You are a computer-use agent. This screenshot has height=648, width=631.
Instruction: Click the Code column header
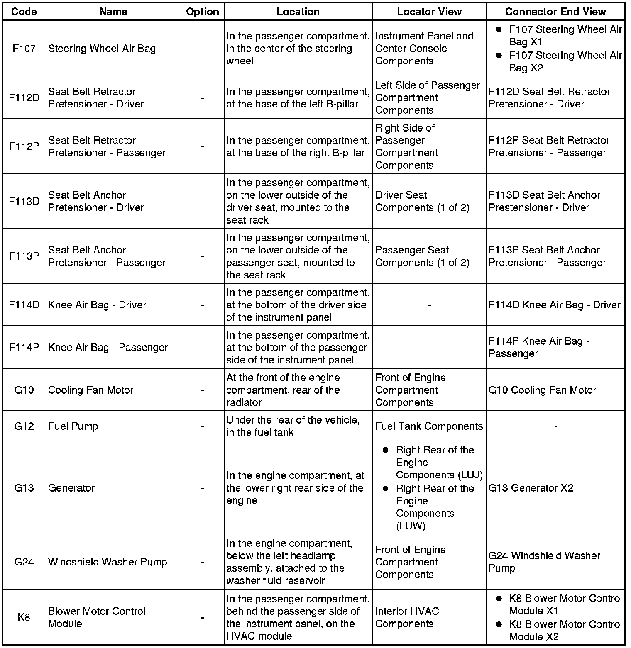point(24,12)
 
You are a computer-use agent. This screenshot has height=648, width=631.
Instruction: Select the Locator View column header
point(429,12)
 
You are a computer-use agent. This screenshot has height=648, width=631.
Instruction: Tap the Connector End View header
point(555,12)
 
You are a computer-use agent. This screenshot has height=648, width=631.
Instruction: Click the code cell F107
point(24,49)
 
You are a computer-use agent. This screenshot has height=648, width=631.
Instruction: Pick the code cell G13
point(24,488)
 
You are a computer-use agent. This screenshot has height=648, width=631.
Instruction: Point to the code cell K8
point(24,617)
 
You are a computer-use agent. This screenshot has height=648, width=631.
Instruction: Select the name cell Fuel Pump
point(73,426)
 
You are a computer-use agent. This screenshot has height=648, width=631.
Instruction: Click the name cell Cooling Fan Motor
point(90,390)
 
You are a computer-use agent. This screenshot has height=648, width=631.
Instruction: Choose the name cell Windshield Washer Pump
point(108,562)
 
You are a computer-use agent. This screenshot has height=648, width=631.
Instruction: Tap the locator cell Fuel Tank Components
point(429,426)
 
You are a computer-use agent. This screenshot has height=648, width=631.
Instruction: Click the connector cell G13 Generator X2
point(531,488)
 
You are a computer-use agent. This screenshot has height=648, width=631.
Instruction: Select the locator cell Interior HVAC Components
point(407,617)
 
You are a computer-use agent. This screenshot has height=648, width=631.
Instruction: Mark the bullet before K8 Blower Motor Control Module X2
point(499,624)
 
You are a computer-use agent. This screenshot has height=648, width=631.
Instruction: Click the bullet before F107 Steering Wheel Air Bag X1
point(499,29)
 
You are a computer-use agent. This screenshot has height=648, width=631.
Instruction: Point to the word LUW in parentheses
point(411,526)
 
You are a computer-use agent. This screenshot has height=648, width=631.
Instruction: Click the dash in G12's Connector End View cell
point(555,426)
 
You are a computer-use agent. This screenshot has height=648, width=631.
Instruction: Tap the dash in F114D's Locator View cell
point(429,305)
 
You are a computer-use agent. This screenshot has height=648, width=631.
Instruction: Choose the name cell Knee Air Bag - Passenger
point(108,347)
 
